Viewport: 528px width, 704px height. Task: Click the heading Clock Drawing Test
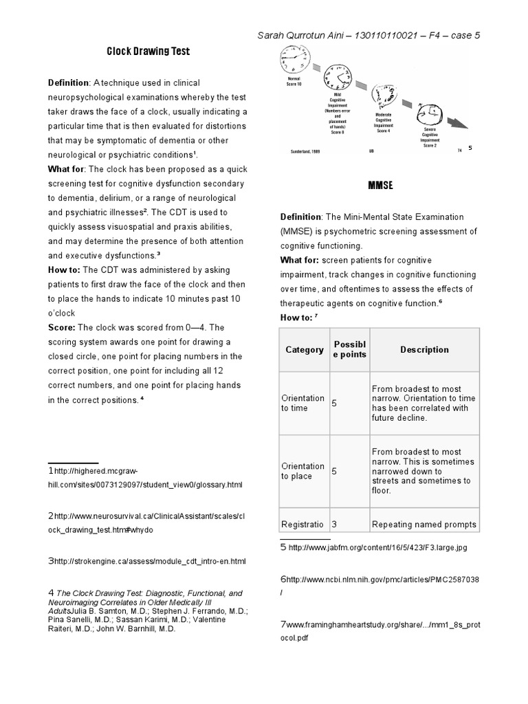[148, 52]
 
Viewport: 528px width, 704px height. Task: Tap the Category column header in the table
[304, 350]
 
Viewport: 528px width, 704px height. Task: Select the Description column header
[424, 350]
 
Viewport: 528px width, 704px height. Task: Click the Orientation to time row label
[302, 403]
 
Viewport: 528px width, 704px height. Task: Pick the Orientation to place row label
[302, 471]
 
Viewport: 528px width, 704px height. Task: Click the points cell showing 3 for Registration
[335, 525]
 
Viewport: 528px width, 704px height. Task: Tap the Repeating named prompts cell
[423, 525]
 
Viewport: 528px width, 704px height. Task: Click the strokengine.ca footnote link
[150, 562]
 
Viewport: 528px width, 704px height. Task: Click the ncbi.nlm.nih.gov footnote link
[382, 580]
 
